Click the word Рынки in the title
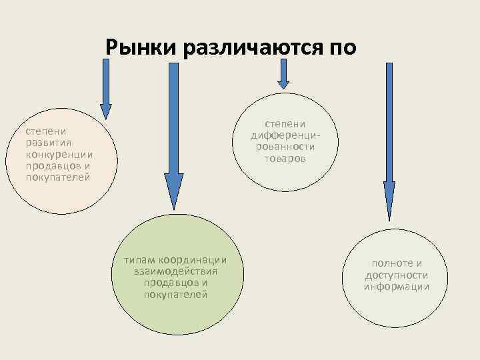point(138,47)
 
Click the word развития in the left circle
point(48,142)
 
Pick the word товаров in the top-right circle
point(285,159)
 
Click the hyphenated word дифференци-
point(285,135)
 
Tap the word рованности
point(285,147)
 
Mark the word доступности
point(397,275)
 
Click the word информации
point(397,287)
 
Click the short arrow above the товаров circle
point(284,73)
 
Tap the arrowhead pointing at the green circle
point(174,193)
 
